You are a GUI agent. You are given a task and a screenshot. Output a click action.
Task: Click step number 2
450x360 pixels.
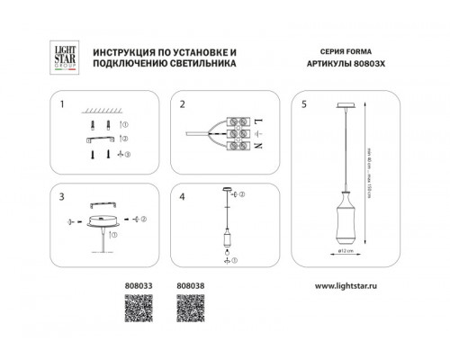183,104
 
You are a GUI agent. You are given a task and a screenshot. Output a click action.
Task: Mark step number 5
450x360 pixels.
303,104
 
